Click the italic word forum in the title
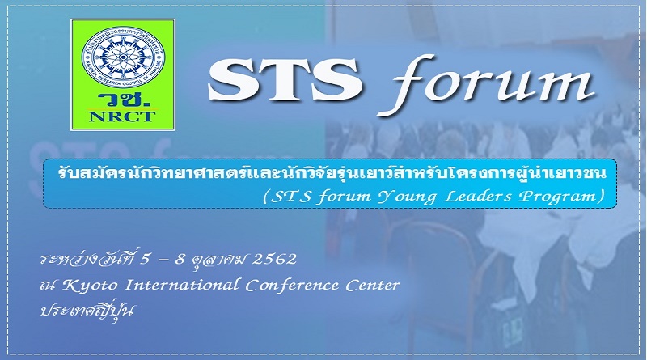(x=487, y=85)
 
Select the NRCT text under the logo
(x=122, y=116)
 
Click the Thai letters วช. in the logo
(x=124, y=100)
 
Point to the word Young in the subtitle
(x=408, y=197)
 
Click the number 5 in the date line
(x=145, y=259)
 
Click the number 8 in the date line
(x=179, y=259)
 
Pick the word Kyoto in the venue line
(x=90, y=286)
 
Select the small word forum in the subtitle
(x=345, y=196)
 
